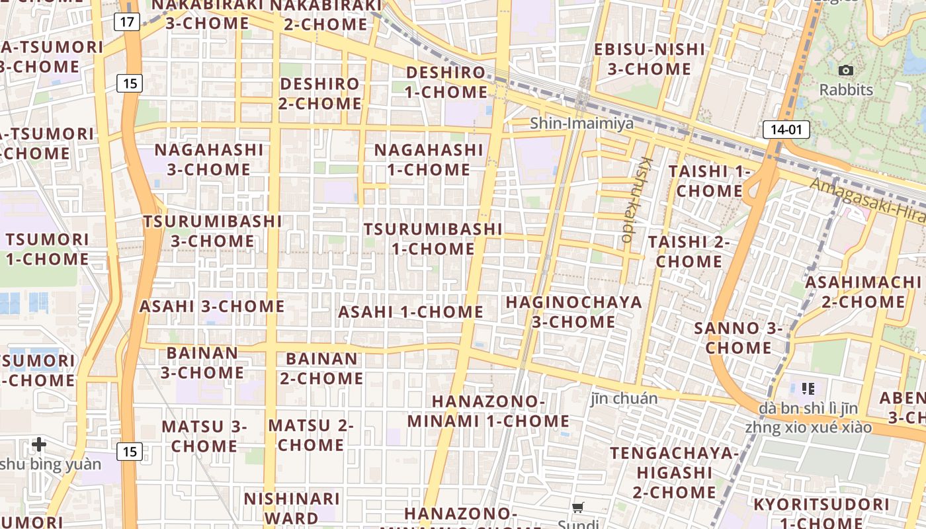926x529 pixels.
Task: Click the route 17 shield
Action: tap(127, 22)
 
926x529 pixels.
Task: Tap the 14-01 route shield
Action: tap(786, 130)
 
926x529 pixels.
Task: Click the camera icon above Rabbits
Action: tap(845, 70)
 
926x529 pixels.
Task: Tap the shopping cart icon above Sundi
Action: tap(578, 508)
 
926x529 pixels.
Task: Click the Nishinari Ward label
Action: tap(292, 508)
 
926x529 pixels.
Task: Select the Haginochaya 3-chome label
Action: tap(573, 312)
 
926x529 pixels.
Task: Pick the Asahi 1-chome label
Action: tap(411, 312)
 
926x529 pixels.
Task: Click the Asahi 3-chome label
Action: tap(212, 306)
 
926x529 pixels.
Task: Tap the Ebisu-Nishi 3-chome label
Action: tap(650, 59)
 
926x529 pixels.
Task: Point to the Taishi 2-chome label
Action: tap(689, 251)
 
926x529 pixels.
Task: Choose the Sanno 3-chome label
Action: tap(738, 337)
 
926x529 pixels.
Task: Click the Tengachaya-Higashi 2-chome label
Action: tap(674, 472)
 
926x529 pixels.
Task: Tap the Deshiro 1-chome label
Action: tap(446, 82)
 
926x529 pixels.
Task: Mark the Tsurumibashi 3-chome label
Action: tap(212, 231)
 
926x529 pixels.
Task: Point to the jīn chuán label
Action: tap(624, 398)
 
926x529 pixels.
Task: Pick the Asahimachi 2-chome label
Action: tap(863, 292)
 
